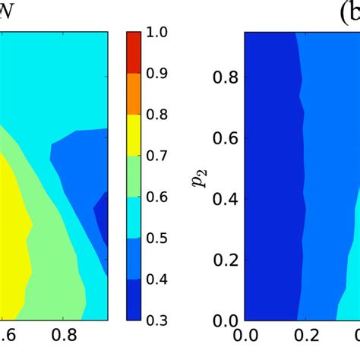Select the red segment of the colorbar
pos(134,52)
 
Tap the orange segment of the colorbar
pos(134,93)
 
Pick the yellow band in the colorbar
pos(134,134)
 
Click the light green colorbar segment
pos(134,175)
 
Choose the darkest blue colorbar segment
pos(134,298)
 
